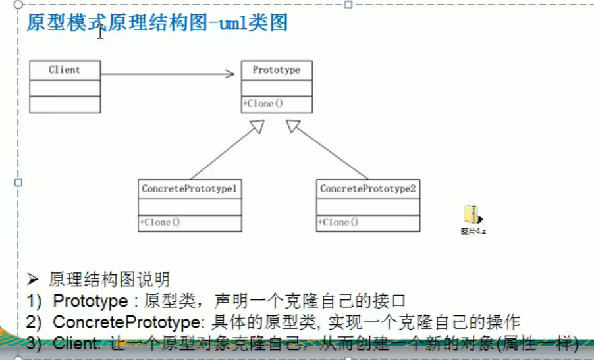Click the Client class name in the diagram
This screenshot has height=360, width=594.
pyautogui.click(x=65, y=70)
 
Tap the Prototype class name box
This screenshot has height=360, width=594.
pyautogui.click(x=277, y=70)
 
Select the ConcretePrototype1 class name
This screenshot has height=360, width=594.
pyautogui.click(x=190, y=189)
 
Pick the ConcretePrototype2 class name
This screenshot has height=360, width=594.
pyautogui.click(x=368, y=189)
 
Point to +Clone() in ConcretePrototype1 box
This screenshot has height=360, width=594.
pyautogui.click(x=159, y=222)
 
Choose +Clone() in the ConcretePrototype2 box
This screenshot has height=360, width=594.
pyautogui.click(x=338, y=222)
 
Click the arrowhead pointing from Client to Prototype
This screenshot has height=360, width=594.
pyautogui.click(x=230, y=74)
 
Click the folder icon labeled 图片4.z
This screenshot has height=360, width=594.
pyautogui.click(x=473, y=215)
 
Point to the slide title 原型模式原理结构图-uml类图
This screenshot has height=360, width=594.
pyautogui.click(x=157, y=24)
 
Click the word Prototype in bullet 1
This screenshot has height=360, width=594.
pyautogui.click(x=90, y=301)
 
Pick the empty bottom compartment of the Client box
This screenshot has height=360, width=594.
pyautogui.click(x=65, y=105)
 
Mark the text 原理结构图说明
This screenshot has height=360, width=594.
pyautogui.click(x=109, y=279)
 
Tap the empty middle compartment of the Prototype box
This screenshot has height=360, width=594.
pyautogui.click(x=277, y=88)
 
